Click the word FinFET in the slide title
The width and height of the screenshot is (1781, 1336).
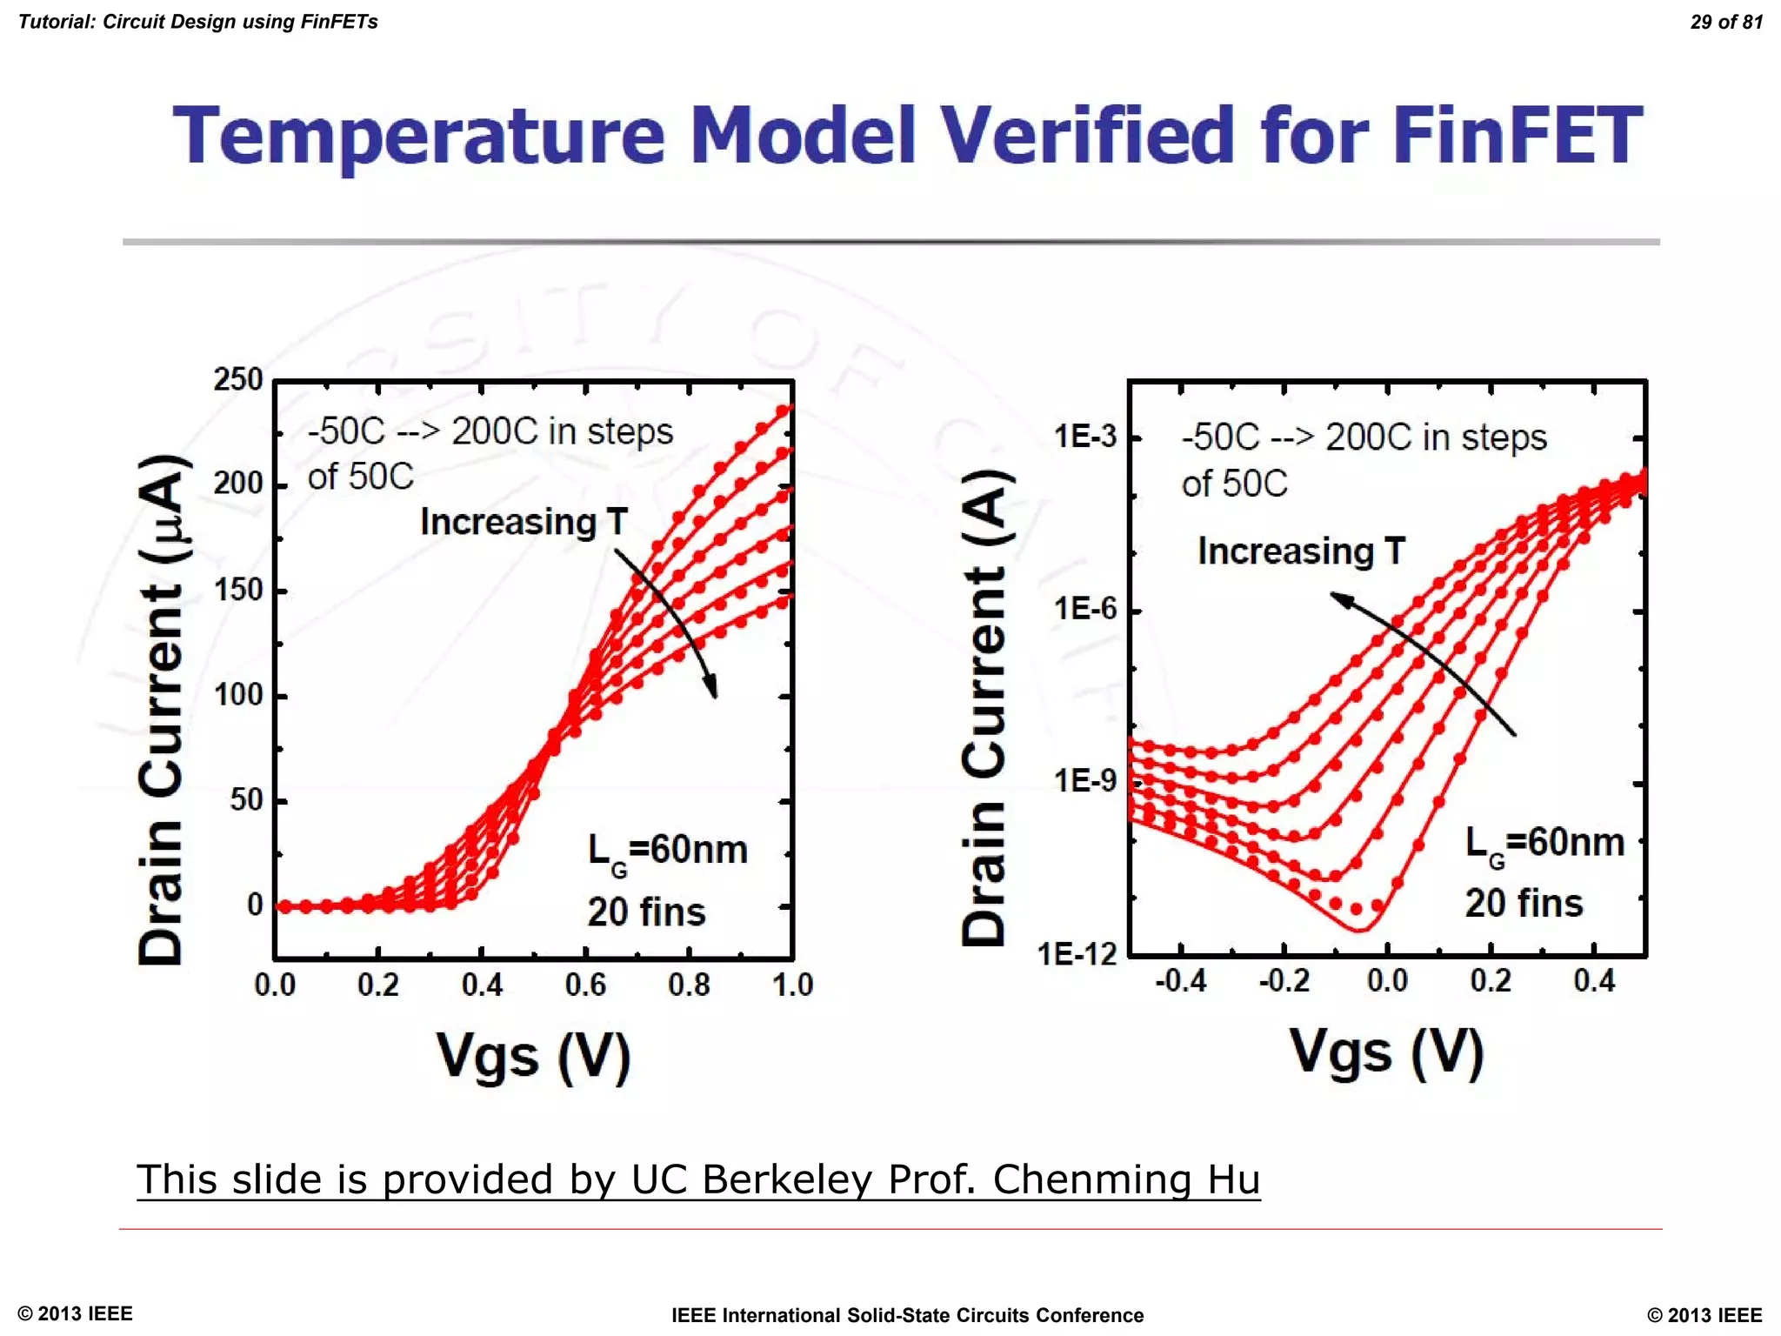click(1517, 136)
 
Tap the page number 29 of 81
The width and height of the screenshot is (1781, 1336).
click(1725, 22)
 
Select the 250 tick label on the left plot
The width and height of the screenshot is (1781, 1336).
click(238, 379)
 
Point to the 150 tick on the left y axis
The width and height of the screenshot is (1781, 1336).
click(238, 590)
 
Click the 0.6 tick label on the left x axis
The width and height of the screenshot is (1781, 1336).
click(585, 985)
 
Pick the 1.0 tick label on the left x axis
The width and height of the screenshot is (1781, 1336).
click(792, 985)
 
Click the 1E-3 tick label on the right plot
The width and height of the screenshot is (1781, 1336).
click(1084, 436)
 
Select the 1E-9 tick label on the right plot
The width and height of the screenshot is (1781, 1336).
click(1084, 781)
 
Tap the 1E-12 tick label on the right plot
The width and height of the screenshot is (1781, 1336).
click(1077, 955)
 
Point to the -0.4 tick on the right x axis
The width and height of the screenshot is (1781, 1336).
click(1180, 981)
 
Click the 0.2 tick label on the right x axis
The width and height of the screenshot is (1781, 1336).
click(1491, 981)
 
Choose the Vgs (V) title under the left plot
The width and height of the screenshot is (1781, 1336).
click(533, 1056)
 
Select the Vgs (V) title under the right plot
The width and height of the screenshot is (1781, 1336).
click(1386, 1052)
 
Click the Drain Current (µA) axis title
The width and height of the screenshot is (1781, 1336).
click(162, 709)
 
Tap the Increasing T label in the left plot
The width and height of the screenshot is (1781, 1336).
click(524, 522)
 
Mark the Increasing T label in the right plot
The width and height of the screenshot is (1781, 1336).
click(1301, 551)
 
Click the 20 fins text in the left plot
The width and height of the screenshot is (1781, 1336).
click(646, 912)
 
